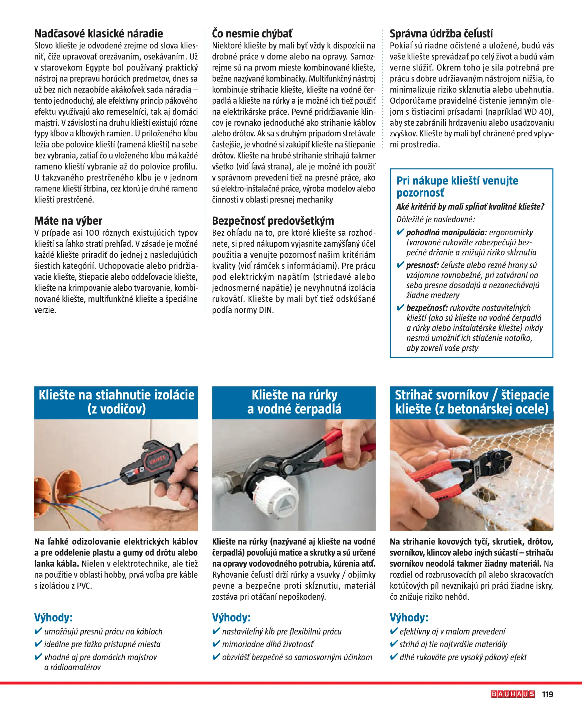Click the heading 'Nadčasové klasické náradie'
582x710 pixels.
(99, 33)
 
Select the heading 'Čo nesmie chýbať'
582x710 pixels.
(252, 33)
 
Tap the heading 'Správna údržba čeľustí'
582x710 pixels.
(441, 33)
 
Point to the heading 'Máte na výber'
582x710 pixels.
(68, 221)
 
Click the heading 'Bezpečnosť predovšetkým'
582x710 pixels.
(273, 221)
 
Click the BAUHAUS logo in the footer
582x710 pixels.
(513, 694)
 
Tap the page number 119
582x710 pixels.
(548, 694)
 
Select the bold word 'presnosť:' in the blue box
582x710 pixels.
(422, 265)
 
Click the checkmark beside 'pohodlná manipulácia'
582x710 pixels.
(400, 232)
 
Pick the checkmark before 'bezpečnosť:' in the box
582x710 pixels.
(400, 308)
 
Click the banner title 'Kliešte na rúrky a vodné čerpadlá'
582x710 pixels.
(294, 402)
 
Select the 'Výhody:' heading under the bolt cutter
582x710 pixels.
(409, 617)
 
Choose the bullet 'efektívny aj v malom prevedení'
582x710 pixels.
(452, 631)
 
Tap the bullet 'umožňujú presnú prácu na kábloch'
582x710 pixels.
(103, 631)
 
